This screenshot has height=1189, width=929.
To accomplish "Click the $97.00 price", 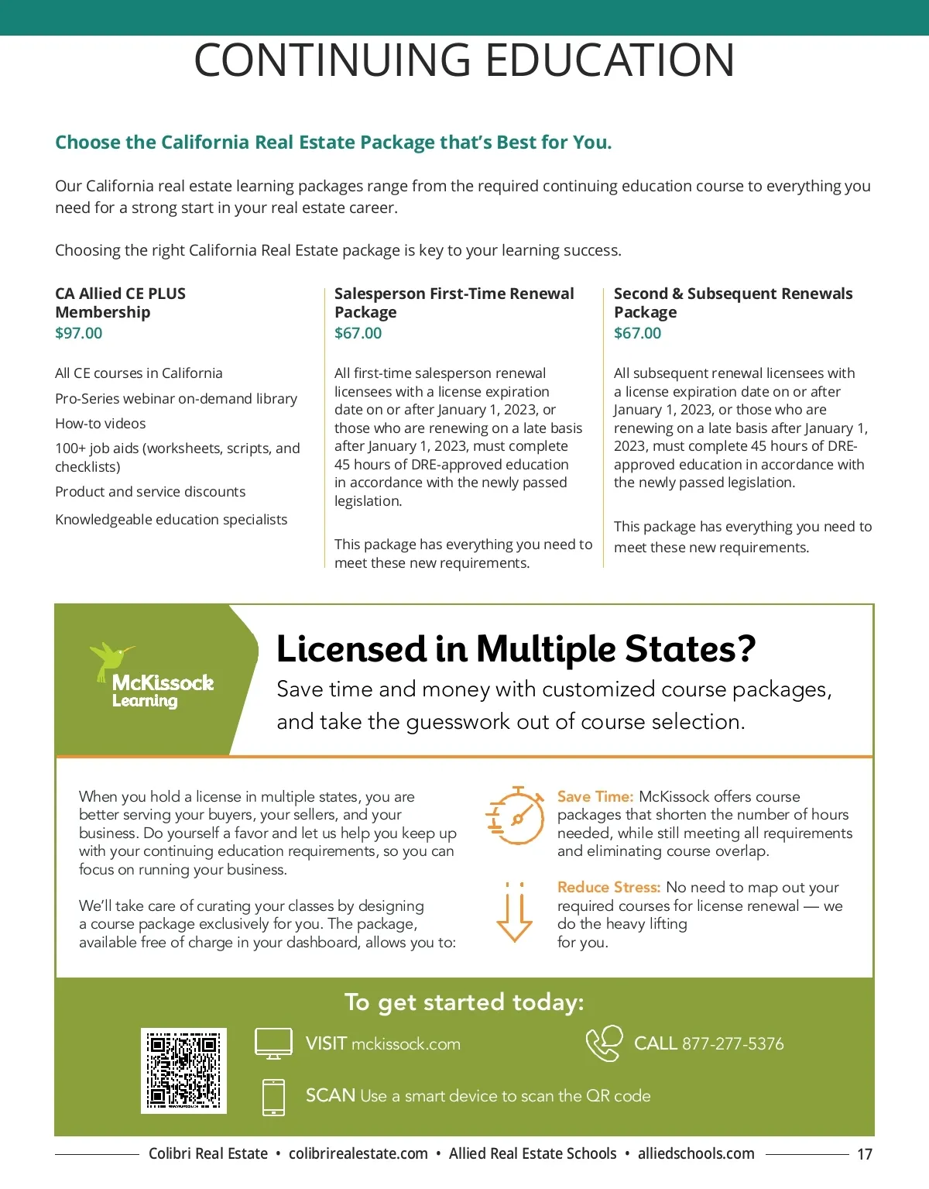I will pos(78,333).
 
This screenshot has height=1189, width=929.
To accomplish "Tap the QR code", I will pos(183,1070).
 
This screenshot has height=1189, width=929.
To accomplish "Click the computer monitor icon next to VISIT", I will pos(273,1043).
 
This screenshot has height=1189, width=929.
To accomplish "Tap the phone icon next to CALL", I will pos(604,1043).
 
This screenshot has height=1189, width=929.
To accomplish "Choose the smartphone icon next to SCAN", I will pos(273,1097).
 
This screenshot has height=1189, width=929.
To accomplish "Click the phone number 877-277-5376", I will pos(732,1043).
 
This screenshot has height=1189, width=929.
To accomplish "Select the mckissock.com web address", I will pos(406,1044).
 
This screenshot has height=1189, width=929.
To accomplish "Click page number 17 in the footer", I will pos(865,1154).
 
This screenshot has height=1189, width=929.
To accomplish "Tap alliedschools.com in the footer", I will pos(696,1153).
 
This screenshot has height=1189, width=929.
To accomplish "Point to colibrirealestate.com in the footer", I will pos(358,1153).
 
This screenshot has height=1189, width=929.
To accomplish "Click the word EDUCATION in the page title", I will pos(610,60).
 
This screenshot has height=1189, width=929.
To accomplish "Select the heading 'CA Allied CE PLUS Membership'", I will pos(120,303).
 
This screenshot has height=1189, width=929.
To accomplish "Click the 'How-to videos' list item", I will pos(101,424).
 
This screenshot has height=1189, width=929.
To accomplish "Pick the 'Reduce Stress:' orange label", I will pos(608,887).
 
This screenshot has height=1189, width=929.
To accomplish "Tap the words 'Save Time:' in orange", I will pos(595,796).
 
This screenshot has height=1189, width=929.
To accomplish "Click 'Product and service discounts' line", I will pos(150,492).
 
